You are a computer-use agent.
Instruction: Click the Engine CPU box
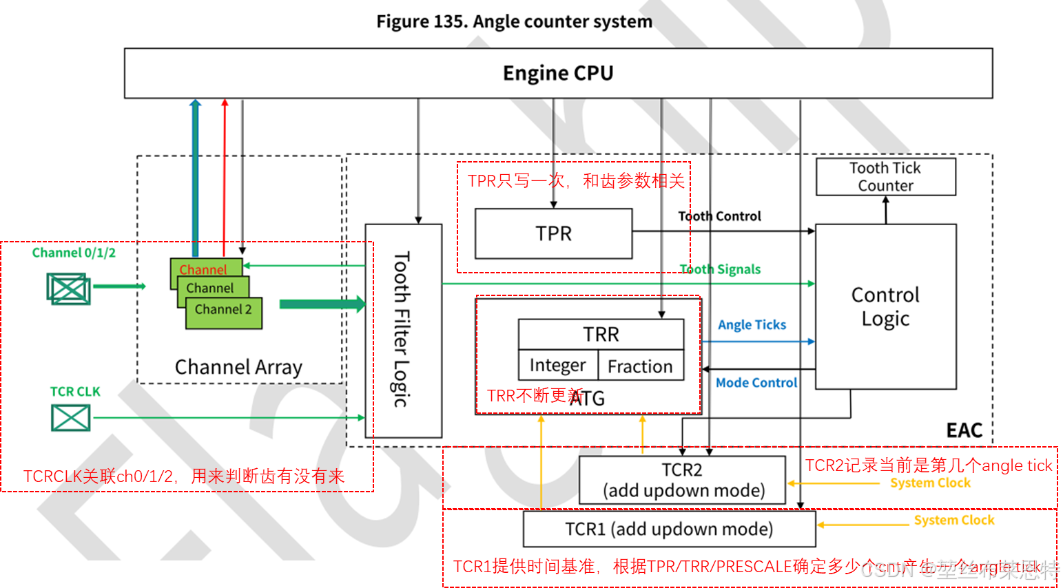click(x=558, y=73)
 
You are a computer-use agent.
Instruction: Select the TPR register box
click(x=554, y=234)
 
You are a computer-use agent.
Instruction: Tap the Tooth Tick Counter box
click(x=885, y=177)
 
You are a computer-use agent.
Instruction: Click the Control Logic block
click(x=885, y=306)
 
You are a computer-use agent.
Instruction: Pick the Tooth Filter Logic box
click(x=403, y=330)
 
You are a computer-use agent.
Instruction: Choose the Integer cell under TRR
click(x=557, y=366)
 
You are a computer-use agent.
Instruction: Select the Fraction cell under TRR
click(x=640, y=366)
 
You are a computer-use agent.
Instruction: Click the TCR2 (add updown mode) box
click(x=682, y=480)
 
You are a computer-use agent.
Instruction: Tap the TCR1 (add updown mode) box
click(x=669, y=529)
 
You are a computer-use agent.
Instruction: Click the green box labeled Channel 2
click(x=223, y=311)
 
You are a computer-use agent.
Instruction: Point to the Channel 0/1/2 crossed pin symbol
click(x=68, y=288)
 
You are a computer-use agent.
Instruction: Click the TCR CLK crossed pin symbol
click(x=71, y=417)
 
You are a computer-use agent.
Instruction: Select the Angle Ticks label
click(x=752, y=325)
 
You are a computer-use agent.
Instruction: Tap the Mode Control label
click(x=756, y=383)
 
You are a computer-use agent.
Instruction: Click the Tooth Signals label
click(x=720, y=269)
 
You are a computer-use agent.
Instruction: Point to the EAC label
click(x=964, y=430)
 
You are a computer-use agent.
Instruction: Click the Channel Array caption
click(x=238, y=367)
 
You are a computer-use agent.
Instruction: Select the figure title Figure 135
click(x=514, y=22)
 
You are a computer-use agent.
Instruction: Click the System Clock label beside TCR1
click(x=953, y=521)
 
